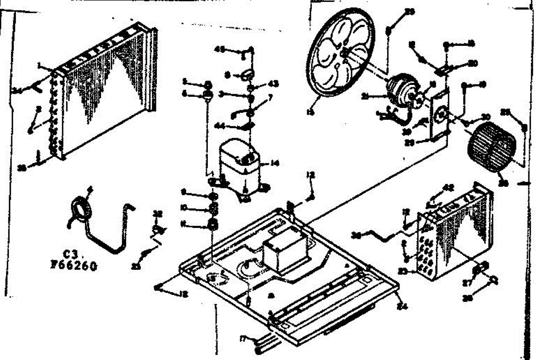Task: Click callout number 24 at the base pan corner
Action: [404, 307]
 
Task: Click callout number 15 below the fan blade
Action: [311, 113]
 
